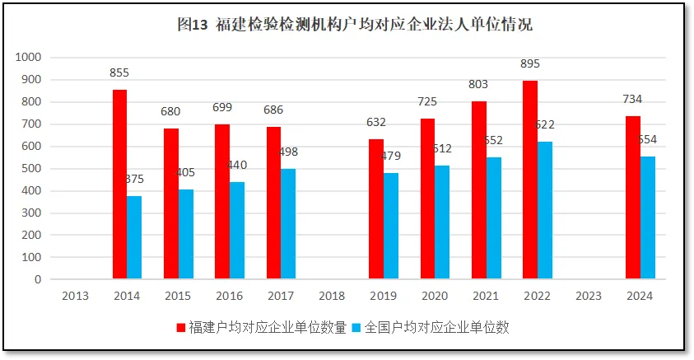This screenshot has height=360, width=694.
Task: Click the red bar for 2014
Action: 119,185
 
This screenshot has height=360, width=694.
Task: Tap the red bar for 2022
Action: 530,180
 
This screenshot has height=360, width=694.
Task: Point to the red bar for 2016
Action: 222,202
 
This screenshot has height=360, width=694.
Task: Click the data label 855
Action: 120,72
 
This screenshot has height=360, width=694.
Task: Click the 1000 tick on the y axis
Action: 28,58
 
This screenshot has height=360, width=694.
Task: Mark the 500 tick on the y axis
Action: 31,169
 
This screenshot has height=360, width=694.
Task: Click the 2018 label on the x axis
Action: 332,295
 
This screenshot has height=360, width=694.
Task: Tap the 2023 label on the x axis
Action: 588,295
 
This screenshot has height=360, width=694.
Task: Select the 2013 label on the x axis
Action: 76,295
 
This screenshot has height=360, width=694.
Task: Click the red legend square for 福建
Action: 181,328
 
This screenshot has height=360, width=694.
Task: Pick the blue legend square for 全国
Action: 356,328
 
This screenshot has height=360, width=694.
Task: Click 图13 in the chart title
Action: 193,24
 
